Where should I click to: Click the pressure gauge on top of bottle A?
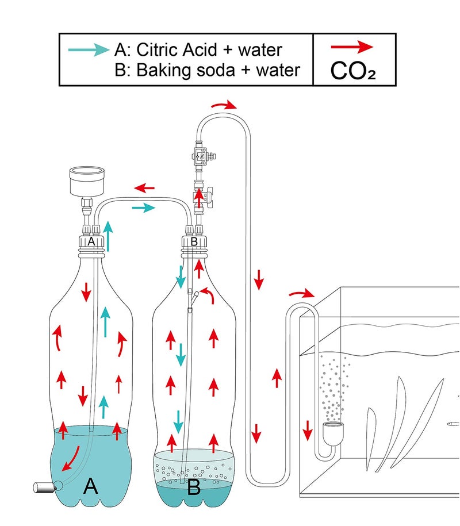click(86, 182)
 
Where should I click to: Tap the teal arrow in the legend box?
click(89, 49)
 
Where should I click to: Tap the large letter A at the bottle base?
click(90, 486)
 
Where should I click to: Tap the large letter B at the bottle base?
click(193, 487)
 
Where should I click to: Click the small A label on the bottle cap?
click(90, 242)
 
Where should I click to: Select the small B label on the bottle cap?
click(194, 242)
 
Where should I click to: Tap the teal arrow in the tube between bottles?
click(143, 208)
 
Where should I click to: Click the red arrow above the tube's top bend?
click(224, 105)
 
